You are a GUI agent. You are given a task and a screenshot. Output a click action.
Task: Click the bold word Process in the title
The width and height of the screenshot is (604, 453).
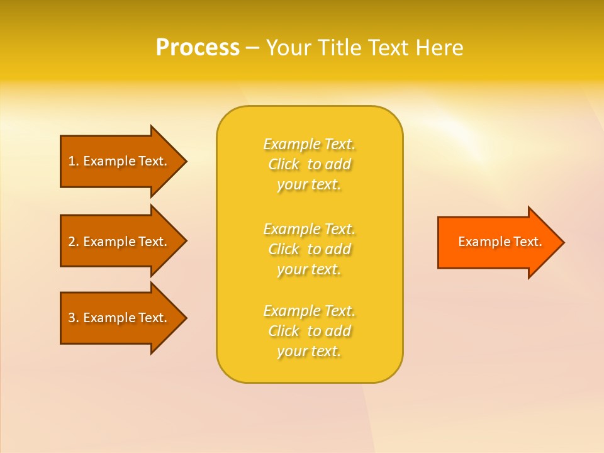pos(198,48)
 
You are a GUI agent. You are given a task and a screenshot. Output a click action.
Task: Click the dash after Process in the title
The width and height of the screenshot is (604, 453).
pos(252,48)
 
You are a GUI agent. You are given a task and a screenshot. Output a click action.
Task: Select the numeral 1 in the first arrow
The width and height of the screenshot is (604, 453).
pos(72,161)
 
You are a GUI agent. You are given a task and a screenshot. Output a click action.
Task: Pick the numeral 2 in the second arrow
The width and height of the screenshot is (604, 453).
pos(72,242)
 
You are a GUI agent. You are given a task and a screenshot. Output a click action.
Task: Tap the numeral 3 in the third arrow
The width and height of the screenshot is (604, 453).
pos(72,318)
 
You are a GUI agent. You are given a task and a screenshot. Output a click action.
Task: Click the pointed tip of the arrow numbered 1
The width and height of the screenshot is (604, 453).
pos(186,161)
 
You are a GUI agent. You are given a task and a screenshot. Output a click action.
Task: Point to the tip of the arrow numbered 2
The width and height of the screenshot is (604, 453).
pos(186,240)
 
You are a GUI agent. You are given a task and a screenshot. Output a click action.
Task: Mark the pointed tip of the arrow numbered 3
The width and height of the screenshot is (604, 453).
pos(186,318)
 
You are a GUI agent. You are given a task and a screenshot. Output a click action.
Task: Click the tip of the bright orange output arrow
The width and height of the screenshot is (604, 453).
pos(563,242)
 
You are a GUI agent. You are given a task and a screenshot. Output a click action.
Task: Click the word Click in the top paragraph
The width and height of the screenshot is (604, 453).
pos(284,165)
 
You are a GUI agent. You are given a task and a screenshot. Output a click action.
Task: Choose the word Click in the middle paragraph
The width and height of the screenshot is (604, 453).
pos(284,250)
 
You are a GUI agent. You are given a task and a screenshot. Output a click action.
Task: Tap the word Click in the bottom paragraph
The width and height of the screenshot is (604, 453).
pos(284,332)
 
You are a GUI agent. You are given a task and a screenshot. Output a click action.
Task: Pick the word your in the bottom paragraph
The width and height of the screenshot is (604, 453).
pos(291,352)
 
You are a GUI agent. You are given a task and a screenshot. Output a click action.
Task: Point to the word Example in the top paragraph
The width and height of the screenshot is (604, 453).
pos(291,145)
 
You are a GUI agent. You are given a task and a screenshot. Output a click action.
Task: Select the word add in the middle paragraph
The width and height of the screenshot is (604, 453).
pos(338,250)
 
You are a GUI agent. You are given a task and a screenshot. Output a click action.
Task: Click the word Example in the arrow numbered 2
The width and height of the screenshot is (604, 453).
pos(109,242)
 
